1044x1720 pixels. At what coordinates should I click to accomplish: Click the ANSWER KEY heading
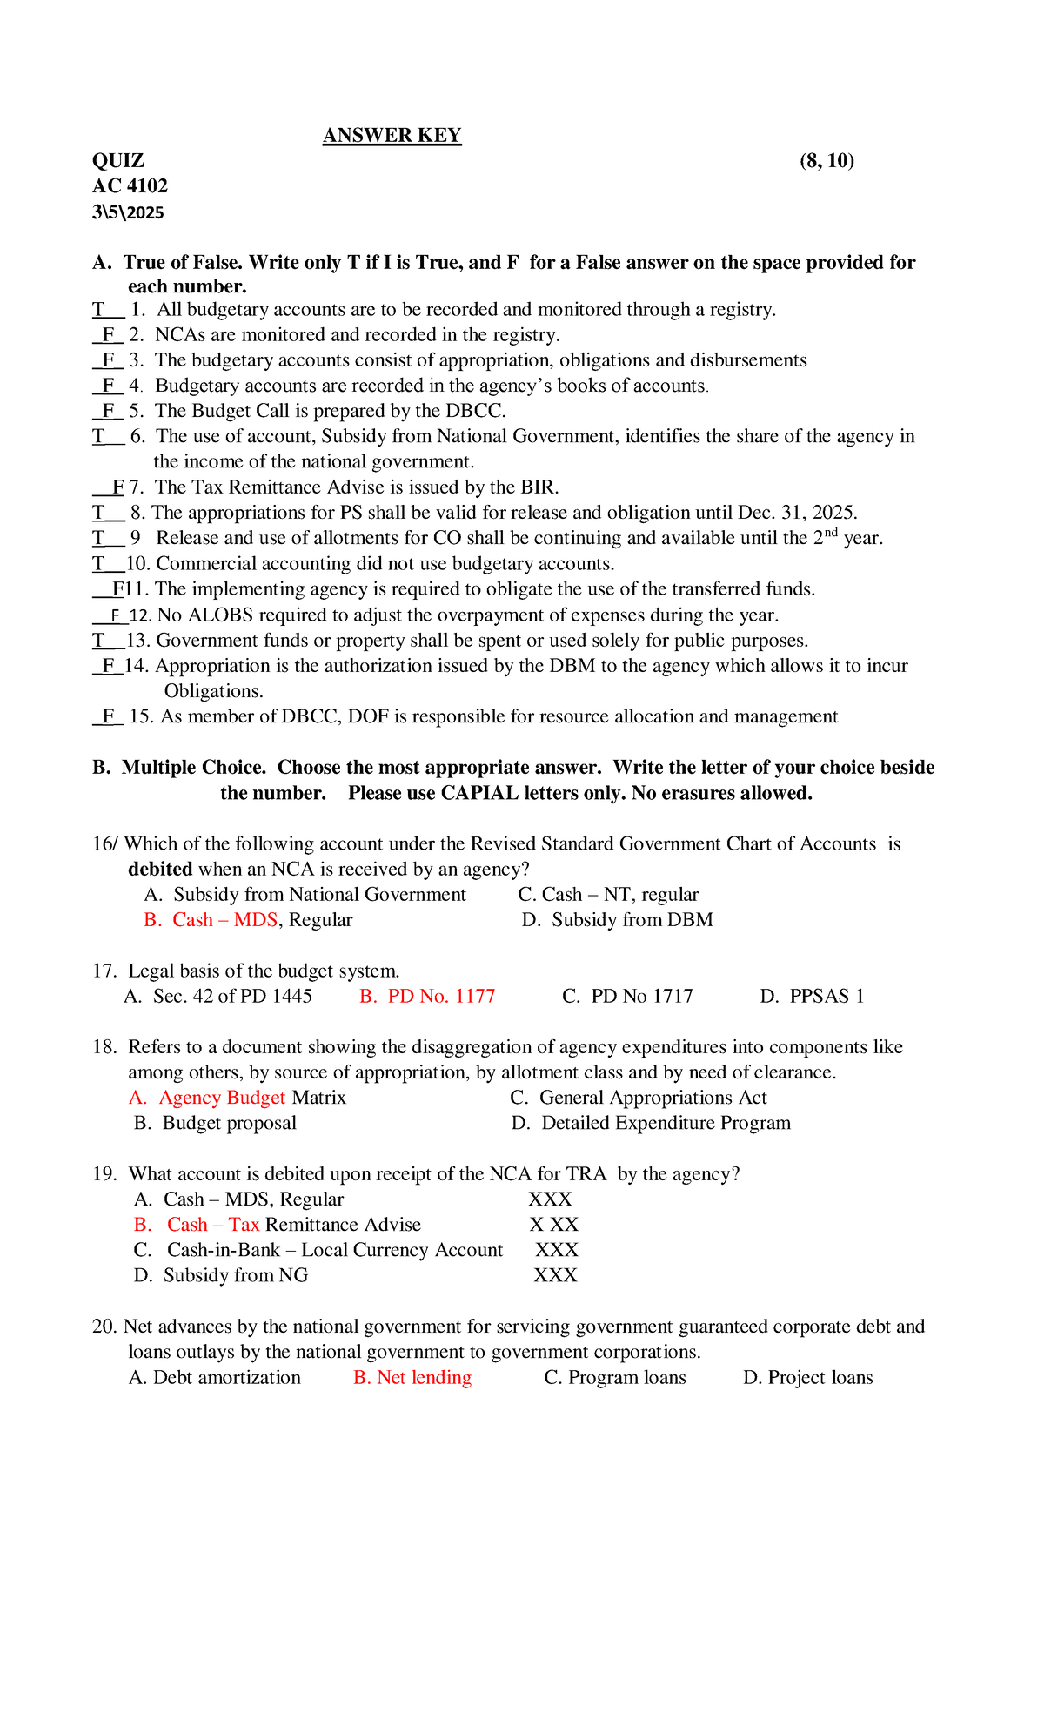(391, 136)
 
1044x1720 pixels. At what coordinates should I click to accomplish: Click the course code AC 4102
(130, 186)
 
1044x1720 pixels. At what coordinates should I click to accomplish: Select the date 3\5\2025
(128, 212)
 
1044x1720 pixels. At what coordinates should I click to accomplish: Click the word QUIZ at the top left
(118, 161)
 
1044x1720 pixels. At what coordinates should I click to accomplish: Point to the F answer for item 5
(109, 411)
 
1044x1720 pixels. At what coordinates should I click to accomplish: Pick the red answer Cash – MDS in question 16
(224, 920)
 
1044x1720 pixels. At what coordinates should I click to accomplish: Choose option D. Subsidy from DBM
(618, 920)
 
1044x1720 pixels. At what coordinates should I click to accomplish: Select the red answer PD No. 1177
(428, 997)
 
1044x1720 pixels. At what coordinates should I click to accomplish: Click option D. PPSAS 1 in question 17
(812, 997)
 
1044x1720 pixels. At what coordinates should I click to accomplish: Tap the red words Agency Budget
(222, 1099)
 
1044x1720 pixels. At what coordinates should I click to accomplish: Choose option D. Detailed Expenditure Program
(651, 1124)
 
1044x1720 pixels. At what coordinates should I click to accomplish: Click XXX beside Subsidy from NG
(555, 1276)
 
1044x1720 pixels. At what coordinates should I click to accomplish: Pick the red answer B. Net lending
(412, 1378)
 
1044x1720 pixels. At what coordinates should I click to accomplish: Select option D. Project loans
(807, 1378)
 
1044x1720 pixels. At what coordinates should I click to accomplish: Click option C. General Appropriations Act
(639, 1099)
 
